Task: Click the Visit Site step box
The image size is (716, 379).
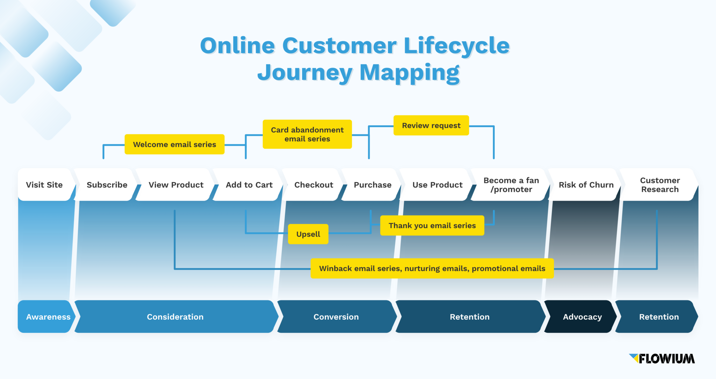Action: (x=44, y=185)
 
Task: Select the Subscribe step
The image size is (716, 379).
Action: (x=107, y=185)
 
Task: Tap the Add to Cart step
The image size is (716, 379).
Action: (x=249, y=185)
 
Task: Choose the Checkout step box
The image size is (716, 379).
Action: (x=314, y=185)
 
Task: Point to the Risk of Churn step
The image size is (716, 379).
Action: (x=586, y=185)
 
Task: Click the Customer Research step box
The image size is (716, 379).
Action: (x=660, y=185)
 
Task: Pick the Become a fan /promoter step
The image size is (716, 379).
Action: (x=511, y=185)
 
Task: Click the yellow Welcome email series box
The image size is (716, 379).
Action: (x=174, y=144)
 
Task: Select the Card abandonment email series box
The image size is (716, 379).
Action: (x=307, y=134)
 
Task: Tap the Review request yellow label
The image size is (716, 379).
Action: (x=431, y=125)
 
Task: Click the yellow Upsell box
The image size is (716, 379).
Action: (x=308, y=234)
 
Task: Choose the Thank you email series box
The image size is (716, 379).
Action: (x=432, y=225)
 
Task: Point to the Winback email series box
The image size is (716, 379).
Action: (x=432, y=268)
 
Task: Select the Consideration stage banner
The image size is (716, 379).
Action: (x=175, y=317)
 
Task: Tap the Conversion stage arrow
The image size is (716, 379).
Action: (x=336, y=317)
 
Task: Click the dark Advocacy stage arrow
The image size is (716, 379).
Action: (x=582, y=317)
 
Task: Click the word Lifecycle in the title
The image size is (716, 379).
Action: (x=457, y=46)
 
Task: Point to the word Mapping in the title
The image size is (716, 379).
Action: (x=409, y=73)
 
